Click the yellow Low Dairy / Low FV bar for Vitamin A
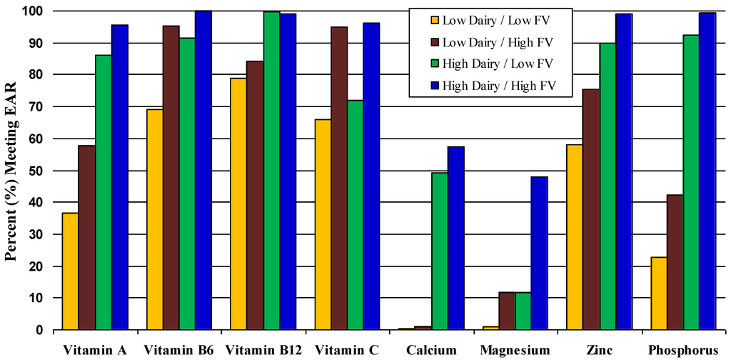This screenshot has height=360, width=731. coord(70,271)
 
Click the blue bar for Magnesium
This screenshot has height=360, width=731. coord(539,253)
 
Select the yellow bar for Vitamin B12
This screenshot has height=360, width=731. coord(238,204)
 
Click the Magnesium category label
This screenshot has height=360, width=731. coord(515,350)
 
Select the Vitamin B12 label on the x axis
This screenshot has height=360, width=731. coord(263,350)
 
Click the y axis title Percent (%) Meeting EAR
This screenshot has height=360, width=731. coord(13,171)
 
